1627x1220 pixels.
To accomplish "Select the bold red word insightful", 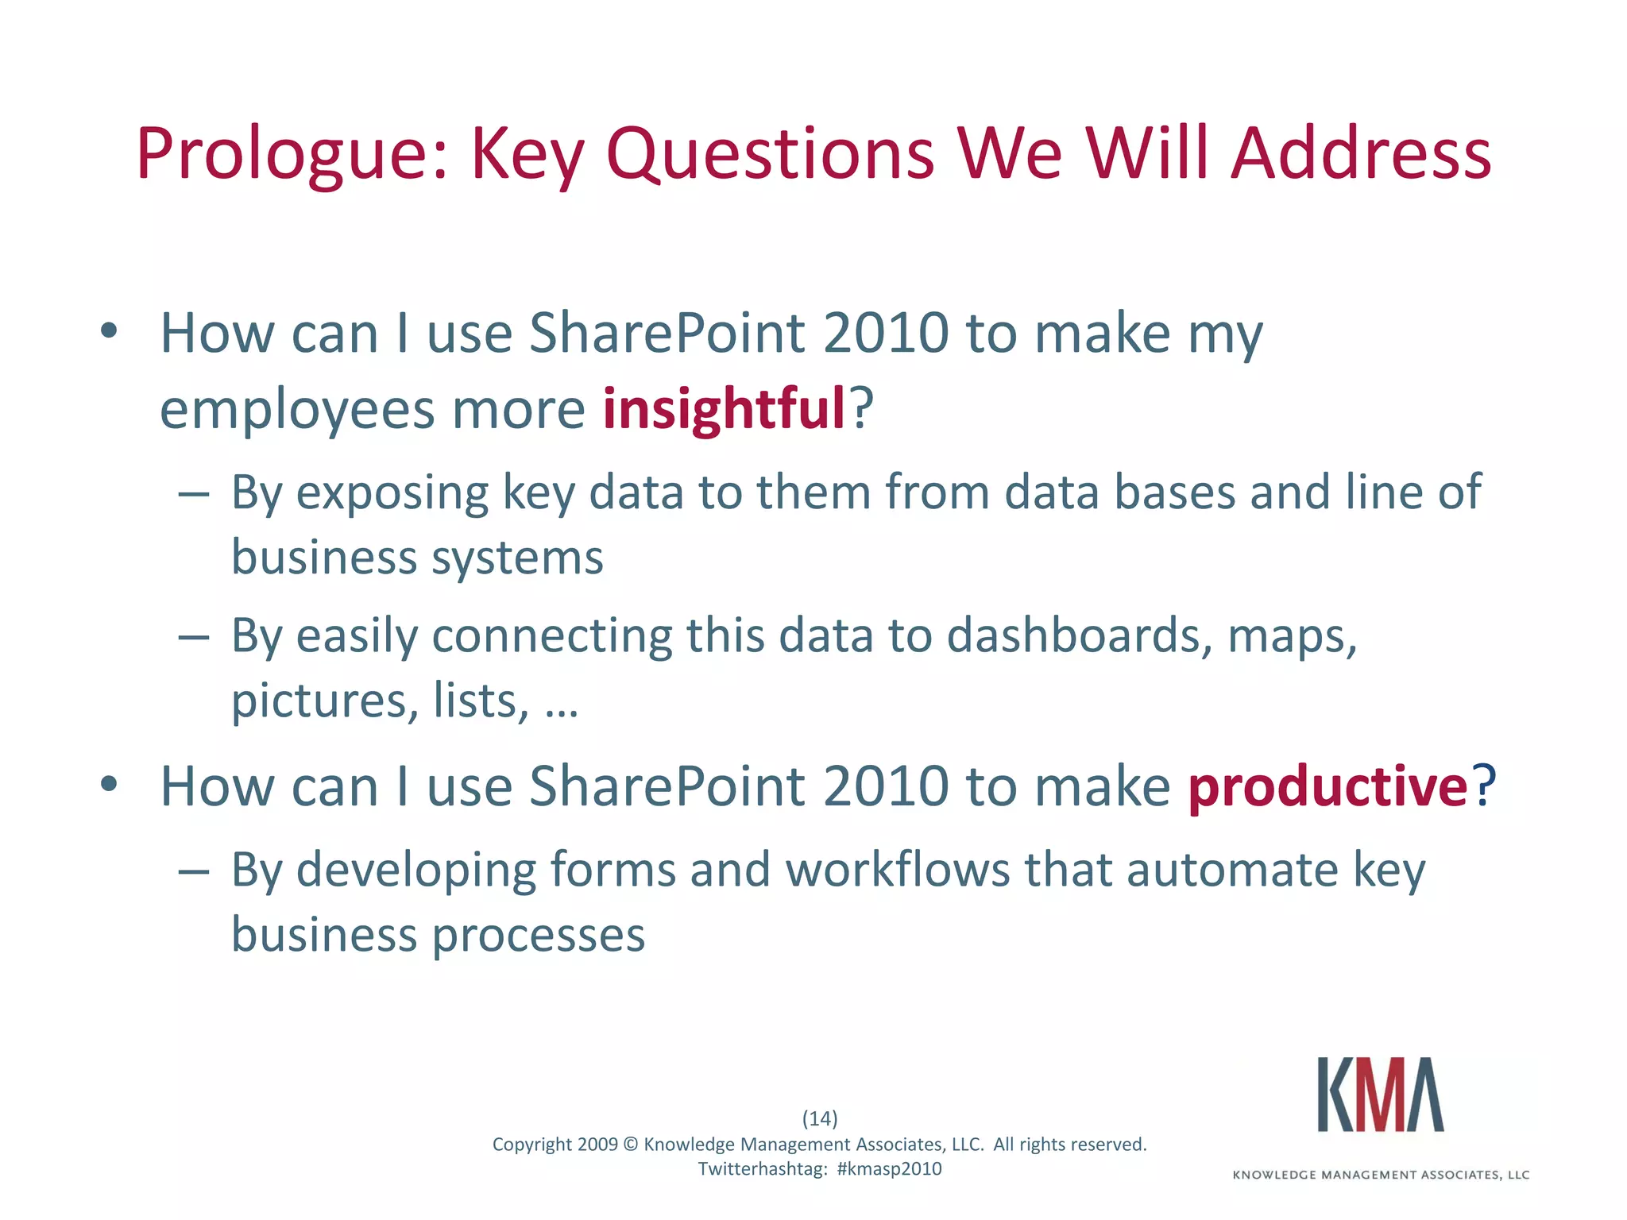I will coord(724,408).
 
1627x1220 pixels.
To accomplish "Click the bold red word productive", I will coord(1327,786).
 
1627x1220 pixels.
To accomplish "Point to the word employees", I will coord(297,410).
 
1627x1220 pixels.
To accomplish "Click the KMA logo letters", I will coord(1380,1095).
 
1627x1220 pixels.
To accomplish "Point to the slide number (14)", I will coord(820,1118).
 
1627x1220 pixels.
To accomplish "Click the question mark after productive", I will coord(1483,786).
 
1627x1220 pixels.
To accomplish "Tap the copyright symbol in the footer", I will coord(631,1145).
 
